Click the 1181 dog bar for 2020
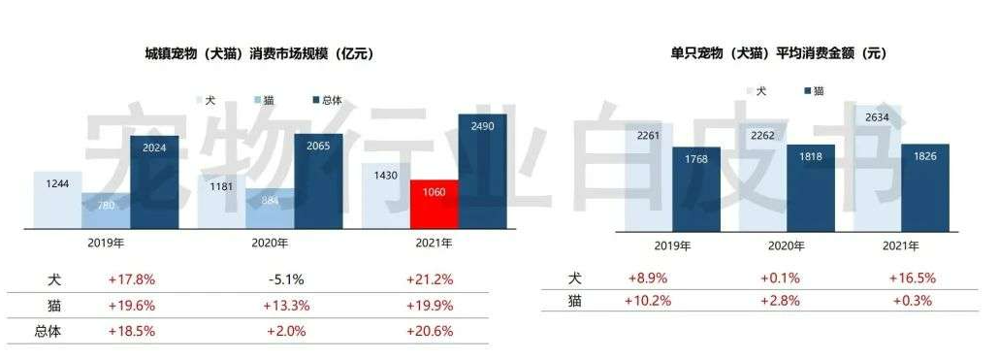pyautogui.click(x=221, y=201)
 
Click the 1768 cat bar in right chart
pyautogui.click(x=696, y=188)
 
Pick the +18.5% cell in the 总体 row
pyautogui.click(x=133, y=330)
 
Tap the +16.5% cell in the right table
pyautogui.click(x=910, y=278)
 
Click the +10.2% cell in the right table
pyautogui.click(x=647, y=301)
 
